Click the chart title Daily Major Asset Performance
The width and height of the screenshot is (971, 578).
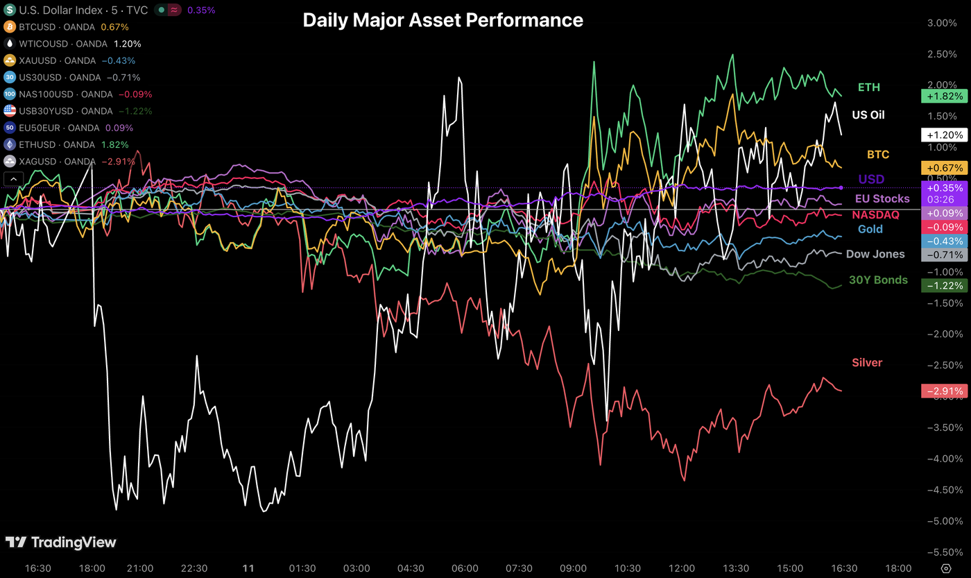pos(442,21)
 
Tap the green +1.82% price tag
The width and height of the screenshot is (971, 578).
pos(943,96)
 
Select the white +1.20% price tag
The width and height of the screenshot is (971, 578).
pos(943,135)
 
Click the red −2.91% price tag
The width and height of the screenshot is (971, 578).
pos(943,391)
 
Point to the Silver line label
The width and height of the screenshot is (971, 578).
pos(867,362)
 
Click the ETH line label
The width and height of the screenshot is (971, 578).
pos(868,87)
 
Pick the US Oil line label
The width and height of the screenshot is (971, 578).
pos(868,115)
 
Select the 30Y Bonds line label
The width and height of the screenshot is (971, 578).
pos(878,280)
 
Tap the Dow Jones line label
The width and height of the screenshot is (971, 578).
pos(875,254)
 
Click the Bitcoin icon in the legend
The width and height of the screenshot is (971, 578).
pos(10,27)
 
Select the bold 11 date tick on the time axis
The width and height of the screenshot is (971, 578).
pos(248,568)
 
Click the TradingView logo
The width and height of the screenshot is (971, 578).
pos(61,543)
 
